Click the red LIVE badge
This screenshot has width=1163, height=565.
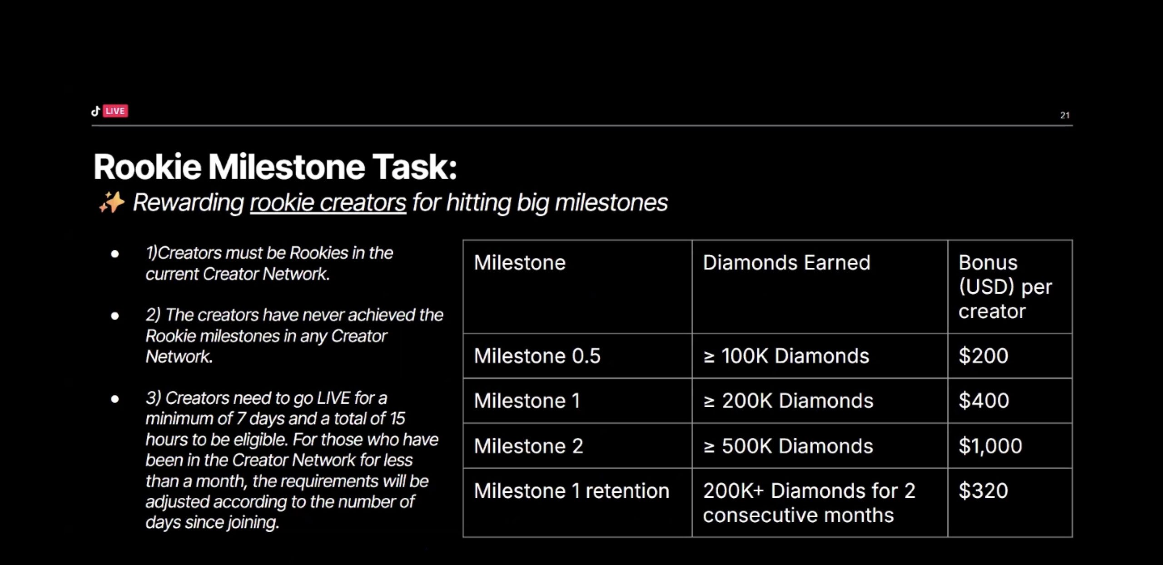tap(115, 111)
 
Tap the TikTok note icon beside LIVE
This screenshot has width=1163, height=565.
tap(95, 111)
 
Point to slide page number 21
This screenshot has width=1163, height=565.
tap(1065, 115)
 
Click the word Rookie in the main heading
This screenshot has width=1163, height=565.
tap(147, 167)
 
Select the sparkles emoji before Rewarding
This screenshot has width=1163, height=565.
tap(111, 202)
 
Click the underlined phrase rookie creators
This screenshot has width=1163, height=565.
tap(328, 202)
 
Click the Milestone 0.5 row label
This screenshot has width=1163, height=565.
tap(537, 355)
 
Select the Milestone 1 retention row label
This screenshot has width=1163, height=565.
tap(572, 491)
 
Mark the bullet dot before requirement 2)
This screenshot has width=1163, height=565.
tap(115, 315)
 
